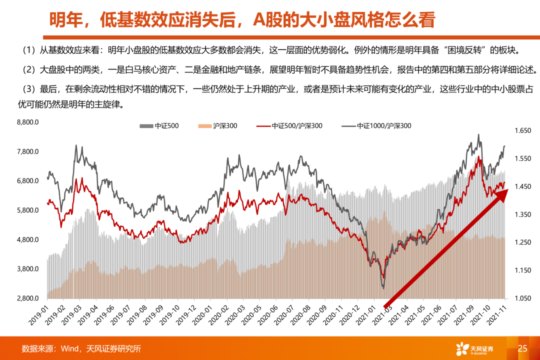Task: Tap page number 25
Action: pyautogui.click(x=522, y=348)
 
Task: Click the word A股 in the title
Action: pyautogui.click(x=266, y=20)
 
